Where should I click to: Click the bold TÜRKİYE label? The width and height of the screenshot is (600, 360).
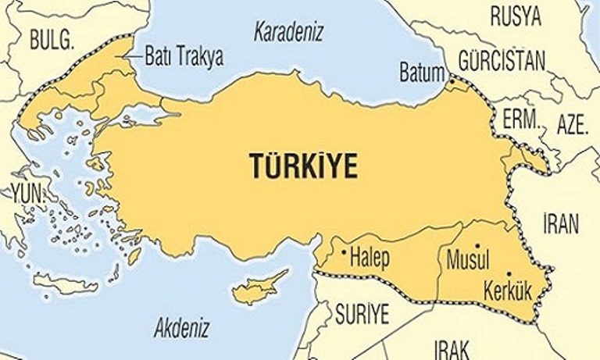pos(302,166)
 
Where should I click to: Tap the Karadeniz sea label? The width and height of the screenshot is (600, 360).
pos(289,33)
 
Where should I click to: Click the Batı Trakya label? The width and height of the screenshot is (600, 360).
pos(184,56)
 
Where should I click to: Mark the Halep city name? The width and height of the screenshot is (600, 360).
pos(370,255)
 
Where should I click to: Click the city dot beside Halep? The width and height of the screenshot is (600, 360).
pos(345,251)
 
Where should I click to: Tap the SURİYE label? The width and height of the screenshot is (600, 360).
pos(362,315)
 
